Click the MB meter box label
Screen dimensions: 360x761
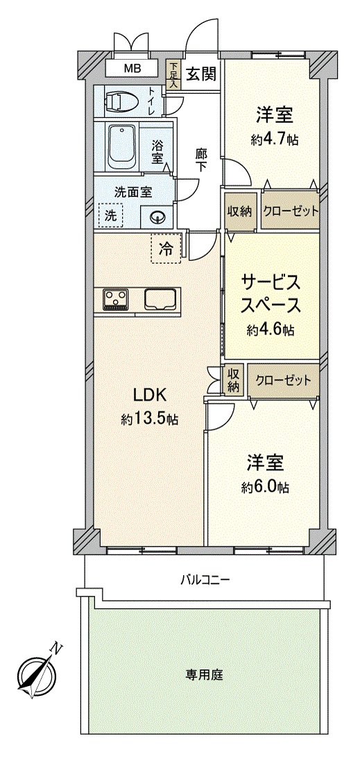tap(132, 69)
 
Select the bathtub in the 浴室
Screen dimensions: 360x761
tap(122, 146)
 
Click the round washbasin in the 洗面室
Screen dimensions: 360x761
tap(157, 217)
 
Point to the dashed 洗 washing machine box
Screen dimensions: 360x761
tap(111, 215)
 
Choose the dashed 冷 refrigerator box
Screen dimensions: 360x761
tap(166, 248)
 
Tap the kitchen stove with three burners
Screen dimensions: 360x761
tap(115, 298)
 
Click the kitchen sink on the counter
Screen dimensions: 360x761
tap(162, 298)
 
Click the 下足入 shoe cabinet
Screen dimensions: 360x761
tap(173, 74)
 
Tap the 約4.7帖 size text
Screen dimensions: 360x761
tap(275, 139)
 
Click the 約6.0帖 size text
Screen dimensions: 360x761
tap(266, 487)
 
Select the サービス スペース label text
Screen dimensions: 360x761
tap(271, 293)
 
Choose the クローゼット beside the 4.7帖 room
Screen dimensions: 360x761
tap(291, 211)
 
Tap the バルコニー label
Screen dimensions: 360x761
tap(205, 579)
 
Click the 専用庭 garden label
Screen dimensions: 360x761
tap(204, 674)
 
